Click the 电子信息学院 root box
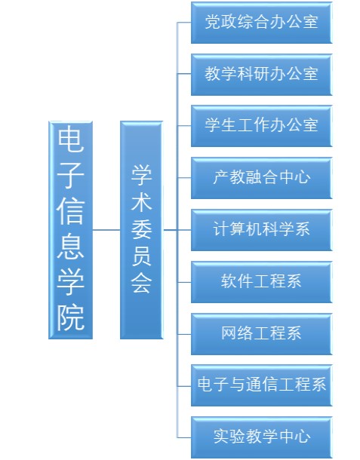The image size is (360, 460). (x=70, y=230)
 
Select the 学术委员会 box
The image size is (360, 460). (x=141, y=230)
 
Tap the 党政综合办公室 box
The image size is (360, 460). (x=262, y=23)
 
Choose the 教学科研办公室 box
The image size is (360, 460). (x=262, y=75)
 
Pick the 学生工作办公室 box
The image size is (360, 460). (x=262, y=126)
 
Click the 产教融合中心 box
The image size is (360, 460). (x=262, y=178)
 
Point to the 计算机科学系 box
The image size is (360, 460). (x=262, y=230)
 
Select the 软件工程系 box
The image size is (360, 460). (x=262, y=282)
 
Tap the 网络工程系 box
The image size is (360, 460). (x=262, y=334)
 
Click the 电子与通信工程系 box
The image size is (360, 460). (x=262, y=385)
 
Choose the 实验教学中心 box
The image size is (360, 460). (x=262, y=437)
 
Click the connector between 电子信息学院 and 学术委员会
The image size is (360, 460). (x=106, y=230)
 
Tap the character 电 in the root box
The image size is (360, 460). (x=70, y=139)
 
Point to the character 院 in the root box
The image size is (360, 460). (x=70, y=317)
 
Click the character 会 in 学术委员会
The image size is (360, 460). (x=141, y=283)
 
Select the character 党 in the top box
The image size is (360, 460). (x=213, y=22)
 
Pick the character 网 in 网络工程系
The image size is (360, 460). (x=229, y=333)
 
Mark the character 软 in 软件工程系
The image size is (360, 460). (x=229, y=281)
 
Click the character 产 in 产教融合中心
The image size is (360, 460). (x=221, y=177)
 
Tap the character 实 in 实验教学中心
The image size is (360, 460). (x=221, y=437)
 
